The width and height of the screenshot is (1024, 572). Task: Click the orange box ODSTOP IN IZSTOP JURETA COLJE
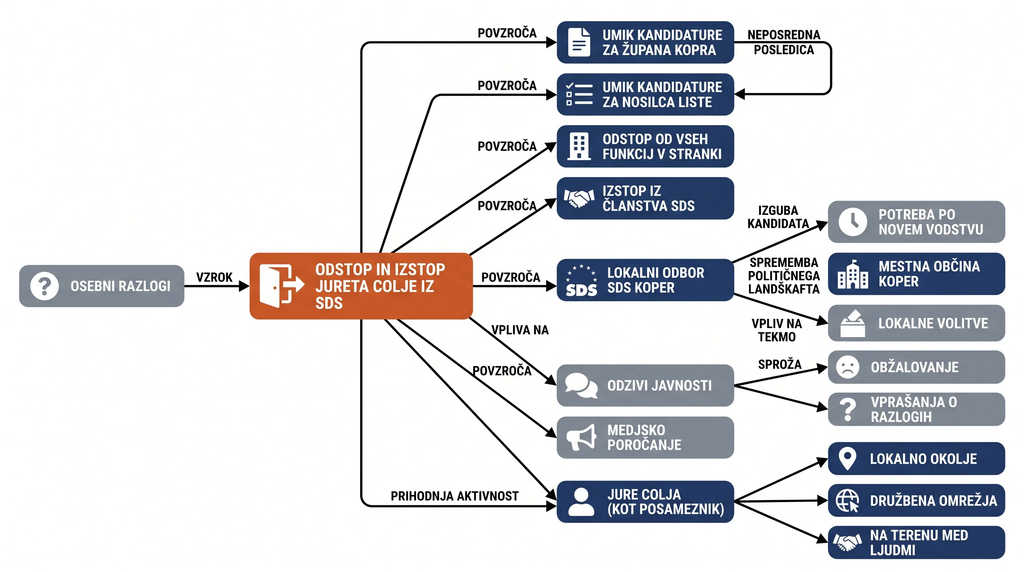(361, 286)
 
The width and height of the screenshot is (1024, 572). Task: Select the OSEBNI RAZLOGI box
(102, 286)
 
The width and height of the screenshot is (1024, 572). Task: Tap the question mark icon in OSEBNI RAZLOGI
(45, 286)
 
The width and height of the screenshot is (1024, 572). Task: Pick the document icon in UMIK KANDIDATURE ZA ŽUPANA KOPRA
(579, 42)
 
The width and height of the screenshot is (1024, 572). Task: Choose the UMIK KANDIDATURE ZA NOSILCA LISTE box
(645, 94)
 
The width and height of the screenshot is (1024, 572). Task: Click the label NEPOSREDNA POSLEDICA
(784, 42)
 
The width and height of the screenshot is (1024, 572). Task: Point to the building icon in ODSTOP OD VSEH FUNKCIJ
(579, 146)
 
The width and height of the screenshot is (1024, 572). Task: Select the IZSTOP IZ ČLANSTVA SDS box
(645, 198)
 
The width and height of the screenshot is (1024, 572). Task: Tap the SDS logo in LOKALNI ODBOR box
(581, 280)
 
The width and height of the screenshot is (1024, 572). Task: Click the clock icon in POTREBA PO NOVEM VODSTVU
(853, 222)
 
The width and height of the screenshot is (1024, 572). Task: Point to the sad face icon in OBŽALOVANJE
(848, 367)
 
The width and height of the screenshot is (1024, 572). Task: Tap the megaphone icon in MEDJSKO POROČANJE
(581, 437)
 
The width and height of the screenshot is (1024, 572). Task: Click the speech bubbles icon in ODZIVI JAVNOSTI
(581, 385)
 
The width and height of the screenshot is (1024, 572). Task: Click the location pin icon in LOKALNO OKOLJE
(847, 459)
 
